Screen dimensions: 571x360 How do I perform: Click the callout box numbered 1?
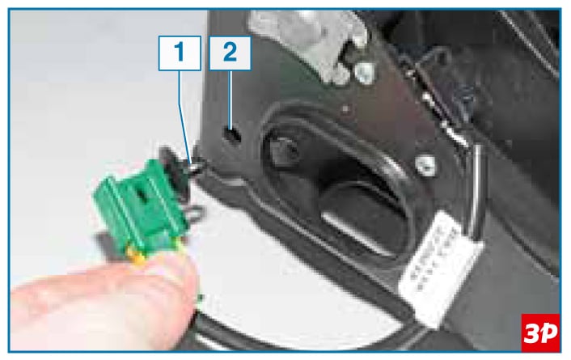point(180,53)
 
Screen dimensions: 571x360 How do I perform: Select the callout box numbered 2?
point(230,53)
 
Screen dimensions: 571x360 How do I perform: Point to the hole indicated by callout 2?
point(232,135)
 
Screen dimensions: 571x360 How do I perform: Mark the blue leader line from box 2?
point(231,99)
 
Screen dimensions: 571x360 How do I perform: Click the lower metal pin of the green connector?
point(196,213)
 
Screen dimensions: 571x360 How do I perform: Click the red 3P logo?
point(540,332)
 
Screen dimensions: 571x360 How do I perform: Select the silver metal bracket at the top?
point(309,41)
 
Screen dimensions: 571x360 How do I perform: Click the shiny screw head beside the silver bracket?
point(365,73)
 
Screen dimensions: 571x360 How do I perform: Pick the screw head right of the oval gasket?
point(425,165)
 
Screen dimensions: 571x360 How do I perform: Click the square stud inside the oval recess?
point(285,151)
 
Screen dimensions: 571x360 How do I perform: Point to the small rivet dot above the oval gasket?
point(345,108)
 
